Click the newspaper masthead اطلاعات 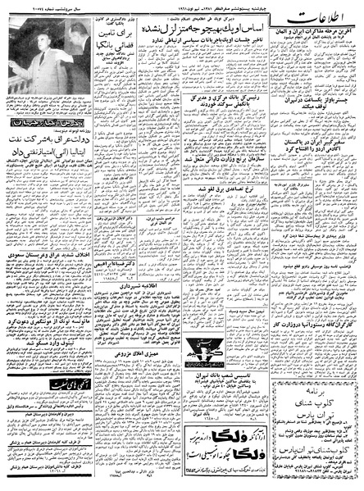tap(325, 25)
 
